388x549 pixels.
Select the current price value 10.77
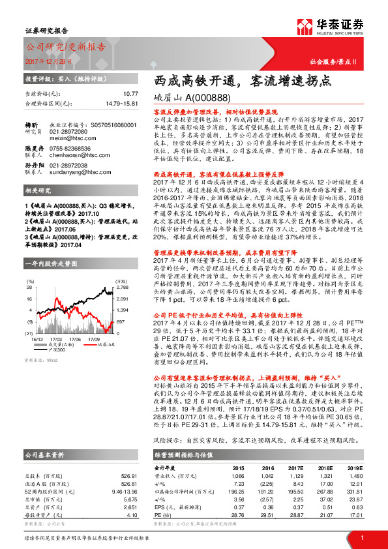click(x=130, y=94)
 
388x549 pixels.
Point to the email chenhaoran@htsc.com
click(x=76, y=156)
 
